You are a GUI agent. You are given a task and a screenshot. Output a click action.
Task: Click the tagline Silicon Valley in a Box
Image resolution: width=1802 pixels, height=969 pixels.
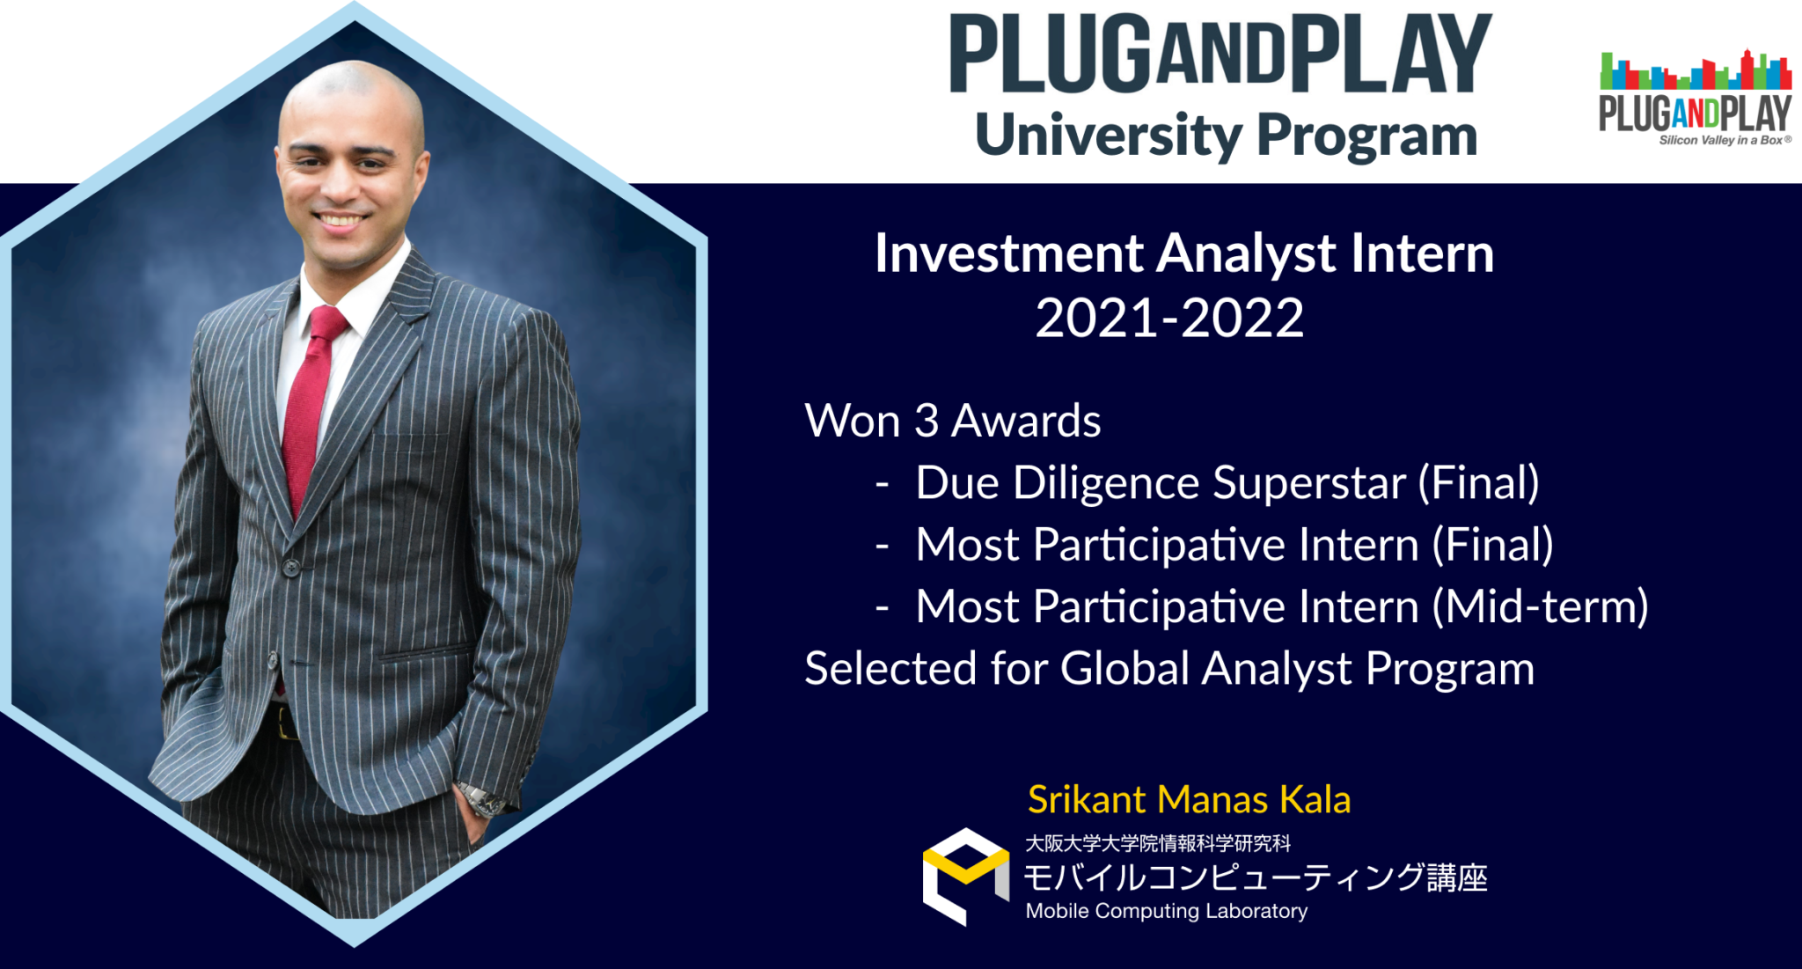(1723, 140)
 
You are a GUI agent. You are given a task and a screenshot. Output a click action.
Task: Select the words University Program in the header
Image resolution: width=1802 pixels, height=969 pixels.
(1226, 136)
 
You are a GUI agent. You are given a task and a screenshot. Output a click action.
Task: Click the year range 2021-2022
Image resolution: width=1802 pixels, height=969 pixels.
(1169, 318)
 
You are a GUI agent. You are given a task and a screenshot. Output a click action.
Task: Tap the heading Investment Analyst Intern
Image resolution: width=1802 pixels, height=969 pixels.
(1183, 253)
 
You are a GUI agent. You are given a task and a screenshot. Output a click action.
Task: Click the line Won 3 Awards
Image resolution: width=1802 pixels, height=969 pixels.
(953, 421)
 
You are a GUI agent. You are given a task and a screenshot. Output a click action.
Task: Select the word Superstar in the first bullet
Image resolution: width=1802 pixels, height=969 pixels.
(1309, 483)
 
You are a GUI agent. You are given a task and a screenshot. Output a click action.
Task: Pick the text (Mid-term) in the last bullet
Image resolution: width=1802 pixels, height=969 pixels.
(1541, 606)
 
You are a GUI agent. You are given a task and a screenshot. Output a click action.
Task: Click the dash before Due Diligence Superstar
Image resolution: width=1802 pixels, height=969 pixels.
(882, 484)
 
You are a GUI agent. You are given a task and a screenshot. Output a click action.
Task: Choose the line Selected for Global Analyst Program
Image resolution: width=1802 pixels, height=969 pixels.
(1169, 668)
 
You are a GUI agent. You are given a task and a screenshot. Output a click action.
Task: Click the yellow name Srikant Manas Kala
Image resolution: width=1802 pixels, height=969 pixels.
(1189, 799)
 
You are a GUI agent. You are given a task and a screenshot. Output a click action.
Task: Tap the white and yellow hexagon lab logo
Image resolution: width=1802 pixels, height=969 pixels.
(965, 876)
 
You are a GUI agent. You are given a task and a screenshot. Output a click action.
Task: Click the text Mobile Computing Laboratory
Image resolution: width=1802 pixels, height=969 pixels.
(1167, 911)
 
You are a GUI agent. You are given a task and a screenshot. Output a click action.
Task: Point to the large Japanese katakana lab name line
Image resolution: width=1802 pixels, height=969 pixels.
(1255, 877)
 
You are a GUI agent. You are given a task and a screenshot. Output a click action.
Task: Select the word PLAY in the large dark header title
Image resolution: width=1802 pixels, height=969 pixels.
(1390, 55)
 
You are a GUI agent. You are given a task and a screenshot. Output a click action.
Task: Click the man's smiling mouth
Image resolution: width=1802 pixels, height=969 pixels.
(340, 220)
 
